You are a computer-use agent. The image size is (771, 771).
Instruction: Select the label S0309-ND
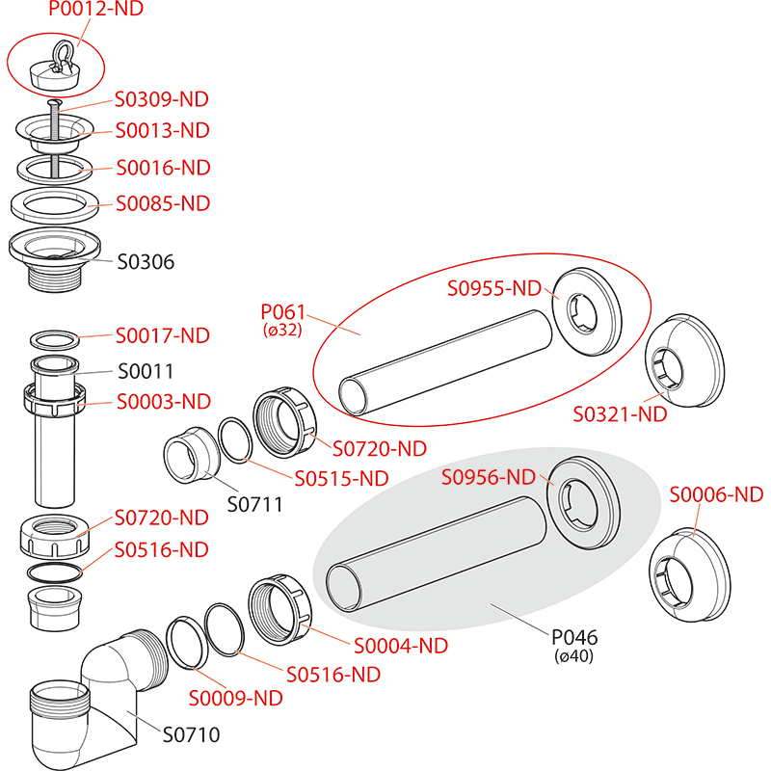click(x=162, y=99)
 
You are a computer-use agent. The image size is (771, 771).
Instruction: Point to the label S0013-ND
click(x=162, y=130)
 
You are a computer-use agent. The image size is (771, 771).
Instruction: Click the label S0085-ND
click(x=162, y=203)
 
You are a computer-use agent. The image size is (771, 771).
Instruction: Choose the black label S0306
click(x=146, y=261)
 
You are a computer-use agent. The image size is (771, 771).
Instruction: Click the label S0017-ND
click(x=162, y=336)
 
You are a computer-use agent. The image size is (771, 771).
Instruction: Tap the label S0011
click(x=146, y=371)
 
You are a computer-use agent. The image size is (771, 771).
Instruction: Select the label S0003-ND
click(x=162, y=401)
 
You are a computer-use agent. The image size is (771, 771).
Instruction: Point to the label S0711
click(x=254, y=503)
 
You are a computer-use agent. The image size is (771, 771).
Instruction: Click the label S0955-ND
click(x=494, y=287)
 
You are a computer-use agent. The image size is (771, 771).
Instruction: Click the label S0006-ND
click(x=716, y=494)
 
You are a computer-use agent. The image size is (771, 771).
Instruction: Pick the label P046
click(x=574, y=637)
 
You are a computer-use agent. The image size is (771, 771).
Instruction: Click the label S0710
click(x=191, y=734)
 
